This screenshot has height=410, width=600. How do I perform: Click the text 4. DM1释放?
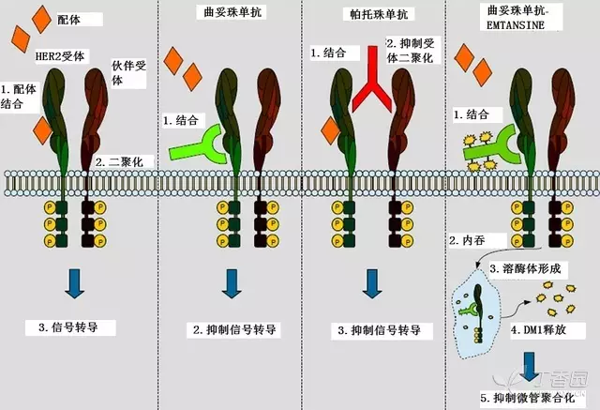[541, 331]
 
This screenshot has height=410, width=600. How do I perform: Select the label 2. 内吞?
[469, 242]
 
